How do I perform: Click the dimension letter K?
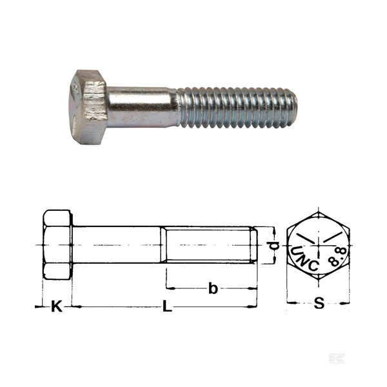[57, 306]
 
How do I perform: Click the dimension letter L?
[167, 306]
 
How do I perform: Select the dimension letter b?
[213, 288]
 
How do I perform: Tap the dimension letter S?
[319, 303]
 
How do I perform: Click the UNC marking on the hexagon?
[304, 259]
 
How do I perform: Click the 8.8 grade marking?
[338, 257]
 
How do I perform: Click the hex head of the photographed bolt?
[88, 107]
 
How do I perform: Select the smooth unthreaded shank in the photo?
[142, 107]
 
